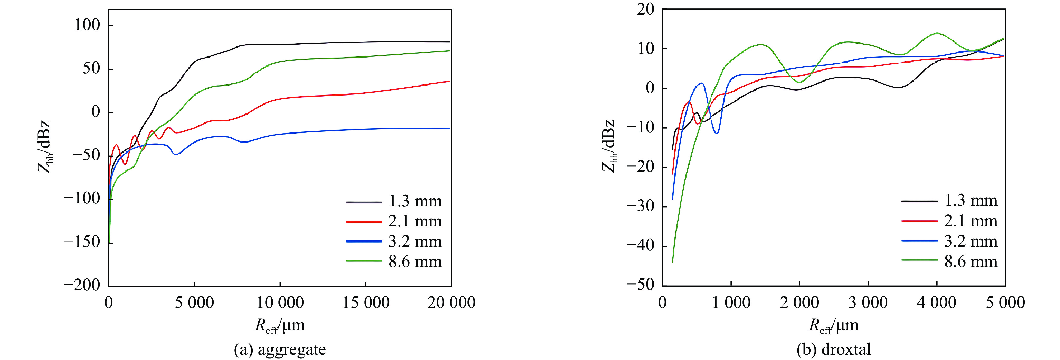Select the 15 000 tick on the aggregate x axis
(x=366, y=303)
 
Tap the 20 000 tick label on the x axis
(x=451, y=303)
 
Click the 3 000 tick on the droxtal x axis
(x=868, y=303)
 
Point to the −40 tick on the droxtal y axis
(x=640, y=246)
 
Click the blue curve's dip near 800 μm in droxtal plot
(x=717, y=133)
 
